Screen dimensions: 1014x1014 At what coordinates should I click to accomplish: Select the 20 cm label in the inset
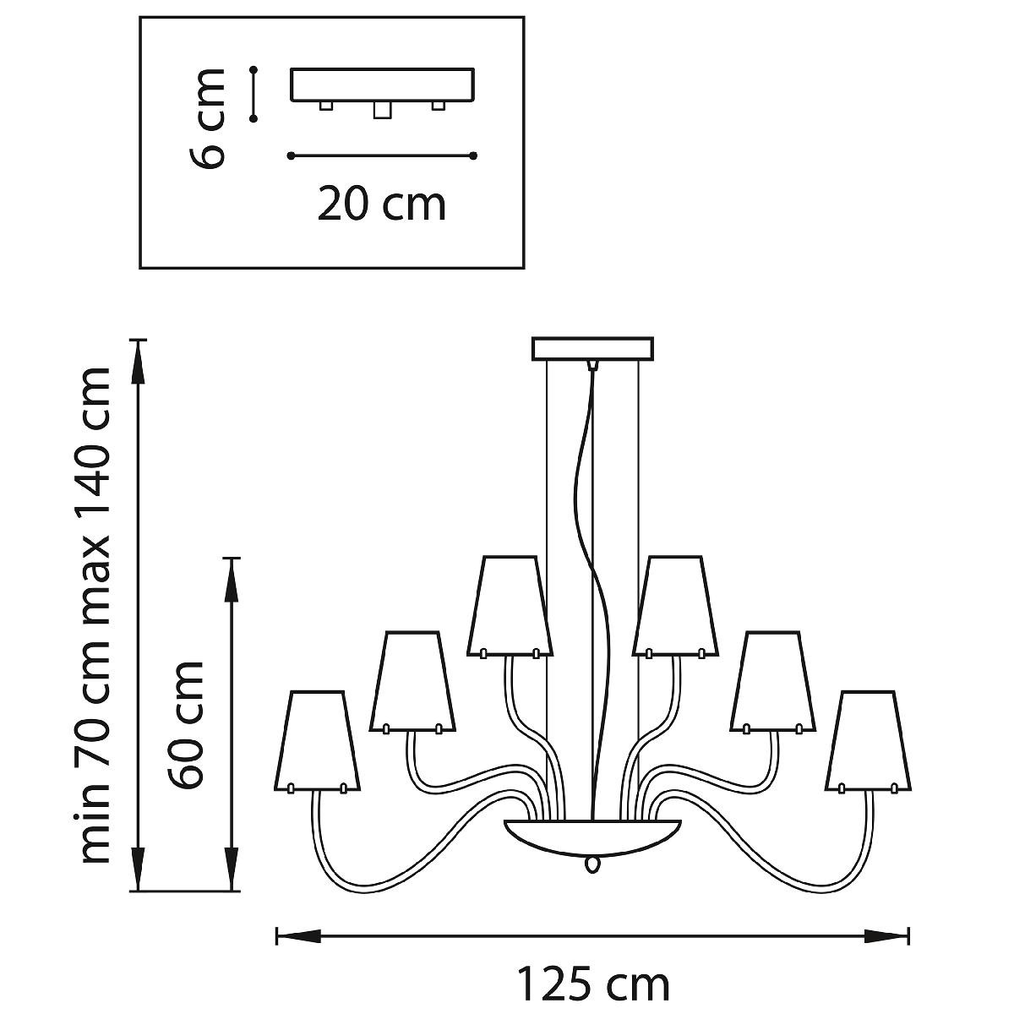tap(381, 204)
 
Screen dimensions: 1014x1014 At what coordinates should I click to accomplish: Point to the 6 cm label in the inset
tap(206, 117)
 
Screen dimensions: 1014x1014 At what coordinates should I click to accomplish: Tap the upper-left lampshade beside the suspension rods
tap(510, 607)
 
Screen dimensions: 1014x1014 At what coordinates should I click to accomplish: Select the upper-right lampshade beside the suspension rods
tap(676, 607)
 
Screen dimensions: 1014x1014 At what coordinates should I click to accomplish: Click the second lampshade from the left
tap(412, 682)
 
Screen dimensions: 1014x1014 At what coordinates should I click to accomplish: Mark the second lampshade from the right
tap(773, 682)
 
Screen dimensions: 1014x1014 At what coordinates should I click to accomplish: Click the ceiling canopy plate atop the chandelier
tap(592, 349)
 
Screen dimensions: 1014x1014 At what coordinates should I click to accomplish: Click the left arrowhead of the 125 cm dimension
tap(298, 936)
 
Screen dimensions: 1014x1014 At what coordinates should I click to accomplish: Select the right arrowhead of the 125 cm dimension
tap(887, 936)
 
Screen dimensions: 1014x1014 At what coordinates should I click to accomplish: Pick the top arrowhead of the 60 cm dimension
tap(232, 579)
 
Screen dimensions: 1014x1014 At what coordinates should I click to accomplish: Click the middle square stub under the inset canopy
tap(383, 110)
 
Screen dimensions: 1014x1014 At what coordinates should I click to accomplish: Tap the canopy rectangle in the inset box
tap(383, 84)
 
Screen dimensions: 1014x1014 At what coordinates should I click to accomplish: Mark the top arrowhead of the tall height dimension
tap(139, 362)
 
